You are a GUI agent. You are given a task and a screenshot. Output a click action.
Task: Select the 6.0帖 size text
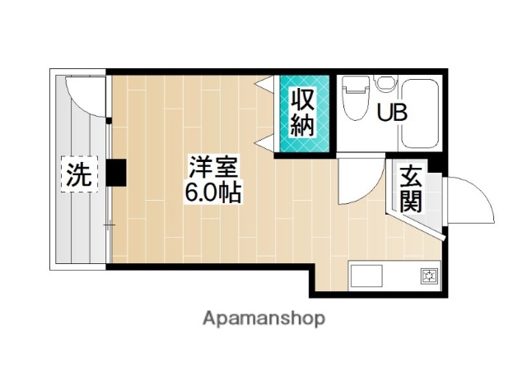coord(212,195)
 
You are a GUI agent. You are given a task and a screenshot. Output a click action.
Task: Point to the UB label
coord(392,114)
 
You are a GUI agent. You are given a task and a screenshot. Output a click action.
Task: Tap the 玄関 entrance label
coord(411,188)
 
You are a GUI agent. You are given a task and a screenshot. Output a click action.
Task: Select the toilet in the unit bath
coord(355,103)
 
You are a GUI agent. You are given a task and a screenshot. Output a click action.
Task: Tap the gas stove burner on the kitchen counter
coord(428,276)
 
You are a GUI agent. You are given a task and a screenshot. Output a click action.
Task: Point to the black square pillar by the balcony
coord(115,174)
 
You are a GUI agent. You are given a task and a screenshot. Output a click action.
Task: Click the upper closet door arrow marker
coord(265,83)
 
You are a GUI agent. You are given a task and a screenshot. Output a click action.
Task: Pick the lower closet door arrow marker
coord(265,146)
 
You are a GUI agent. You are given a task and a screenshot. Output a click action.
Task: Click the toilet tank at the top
coord(355,82)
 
